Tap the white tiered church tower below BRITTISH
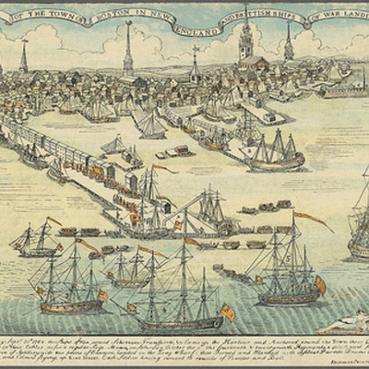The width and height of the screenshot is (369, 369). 246,42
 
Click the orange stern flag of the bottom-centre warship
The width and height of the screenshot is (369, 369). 227,313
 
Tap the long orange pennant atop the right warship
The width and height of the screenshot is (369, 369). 314,220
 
